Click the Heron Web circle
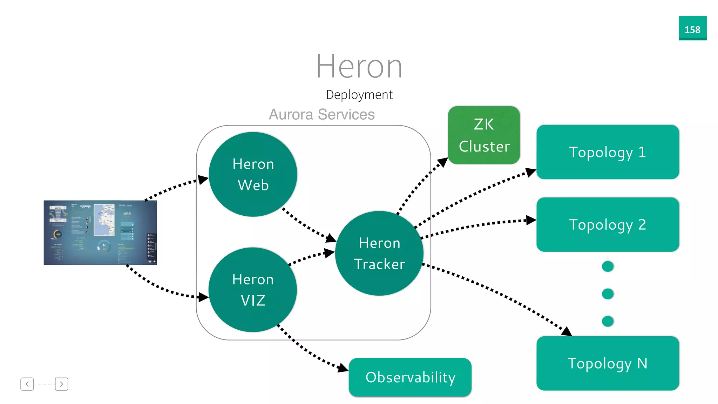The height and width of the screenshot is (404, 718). [253, 174]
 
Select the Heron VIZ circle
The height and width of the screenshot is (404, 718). [253, 290]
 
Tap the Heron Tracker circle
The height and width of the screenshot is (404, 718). [379, 253]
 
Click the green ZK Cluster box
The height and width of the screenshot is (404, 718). [484, 135]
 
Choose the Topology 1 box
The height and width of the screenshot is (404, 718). [608, 152]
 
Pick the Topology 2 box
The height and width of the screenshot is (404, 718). [608, 224]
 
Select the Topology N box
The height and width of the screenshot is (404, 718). [608, 363]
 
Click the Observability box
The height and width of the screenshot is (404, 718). [410, 377]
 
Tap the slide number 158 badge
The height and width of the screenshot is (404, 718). [692, 28]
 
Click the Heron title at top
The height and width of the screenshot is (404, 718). [359, 66]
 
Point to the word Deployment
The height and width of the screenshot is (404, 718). [359, 95]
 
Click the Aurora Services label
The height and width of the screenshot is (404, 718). [321, 114]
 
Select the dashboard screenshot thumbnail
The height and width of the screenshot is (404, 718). [100, 233]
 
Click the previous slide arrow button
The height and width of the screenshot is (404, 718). [27, 384]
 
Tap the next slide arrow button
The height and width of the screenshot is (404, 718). [61, 384]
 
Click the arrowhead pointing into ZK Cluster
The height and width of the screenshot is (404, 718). [443, 162]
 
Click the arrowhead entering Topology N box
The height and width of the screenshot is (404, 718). [567, 331]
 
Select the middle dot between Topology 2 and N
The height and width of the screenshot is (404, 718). [608, 294]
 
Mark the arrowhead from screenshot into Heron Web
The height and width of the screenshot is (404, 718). [203, 180]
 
